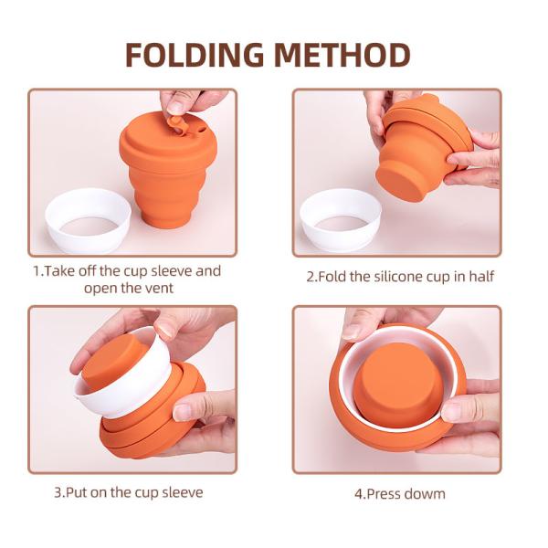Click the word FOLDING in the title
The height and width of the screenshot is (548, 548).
tap(195, 55)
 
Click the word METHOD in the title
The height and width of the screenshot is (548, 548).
tap(342, 55)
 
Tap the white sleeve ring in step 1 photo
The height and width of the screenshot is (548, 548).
tap(88, 220)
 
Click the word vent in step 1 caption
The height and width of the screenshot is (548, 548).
tap(159, 289)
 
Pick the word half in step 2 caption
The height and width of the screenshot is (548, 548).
tap(481, 277)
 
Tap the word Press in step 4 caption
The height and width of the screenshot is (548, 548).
tap(385, 494)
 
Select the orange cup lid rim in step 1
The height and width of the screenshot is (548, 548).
tap(168, 140)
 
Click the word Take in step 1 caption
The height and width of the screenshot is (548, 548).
tap(60, 271)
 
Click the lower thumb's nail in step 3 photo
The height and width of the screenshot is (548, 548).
tap(182, 413)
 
